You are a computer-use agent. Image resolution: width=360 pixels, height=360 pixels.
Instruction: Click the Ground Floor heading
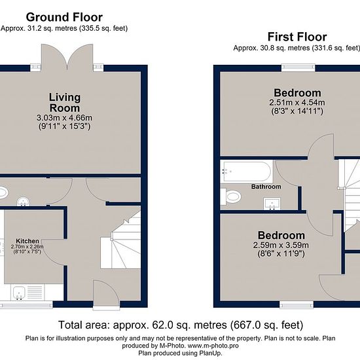tap(64, 17)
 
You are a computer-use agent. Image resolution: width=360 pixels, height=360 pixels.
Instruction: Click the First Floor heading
tap(297, 37)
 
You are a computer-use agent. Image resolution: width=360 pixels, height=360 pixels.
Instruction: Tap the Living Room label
tap(65, 103)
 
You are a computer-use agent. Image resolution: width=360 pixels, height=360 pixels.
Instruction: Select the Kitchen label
tap(27, 241)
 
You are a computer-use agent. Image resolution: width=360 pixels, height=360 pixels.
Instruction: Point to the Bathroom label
tap(266, 187)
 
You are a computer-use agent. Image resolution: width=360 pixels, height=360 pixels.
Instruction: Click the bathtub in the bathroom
tap(246, 171)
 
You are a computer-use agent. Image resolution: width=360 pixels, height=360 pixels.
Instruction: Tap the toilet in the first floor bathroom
tap(231, 197)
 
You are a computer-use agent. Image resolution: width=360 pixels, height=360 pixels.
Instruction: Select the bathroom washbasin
tap(272, 204)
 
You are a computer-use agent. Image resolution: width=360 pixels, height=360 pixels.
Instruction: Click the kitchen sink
tap(18, 293)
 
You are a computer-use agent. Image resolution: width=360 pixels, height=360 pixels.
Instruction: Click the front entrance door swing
tap(106, 293)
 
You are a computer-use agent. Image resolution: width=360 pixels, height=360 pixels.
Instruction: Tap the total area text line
tap(181, 325)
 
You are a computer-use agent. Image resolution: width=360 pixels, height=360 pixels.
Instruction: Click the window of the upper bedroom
tap(298, 67)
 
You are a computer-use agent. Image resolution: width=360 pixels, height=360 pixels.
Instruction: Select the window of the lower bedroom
tap(297, 304)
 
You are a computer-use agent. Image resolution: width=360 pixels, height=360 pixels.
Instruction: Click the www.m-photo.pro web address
tap(213, 346)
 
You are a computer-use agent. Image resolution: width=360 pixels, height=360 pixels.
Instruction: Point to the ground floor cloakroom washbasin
tap(23, 202)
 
